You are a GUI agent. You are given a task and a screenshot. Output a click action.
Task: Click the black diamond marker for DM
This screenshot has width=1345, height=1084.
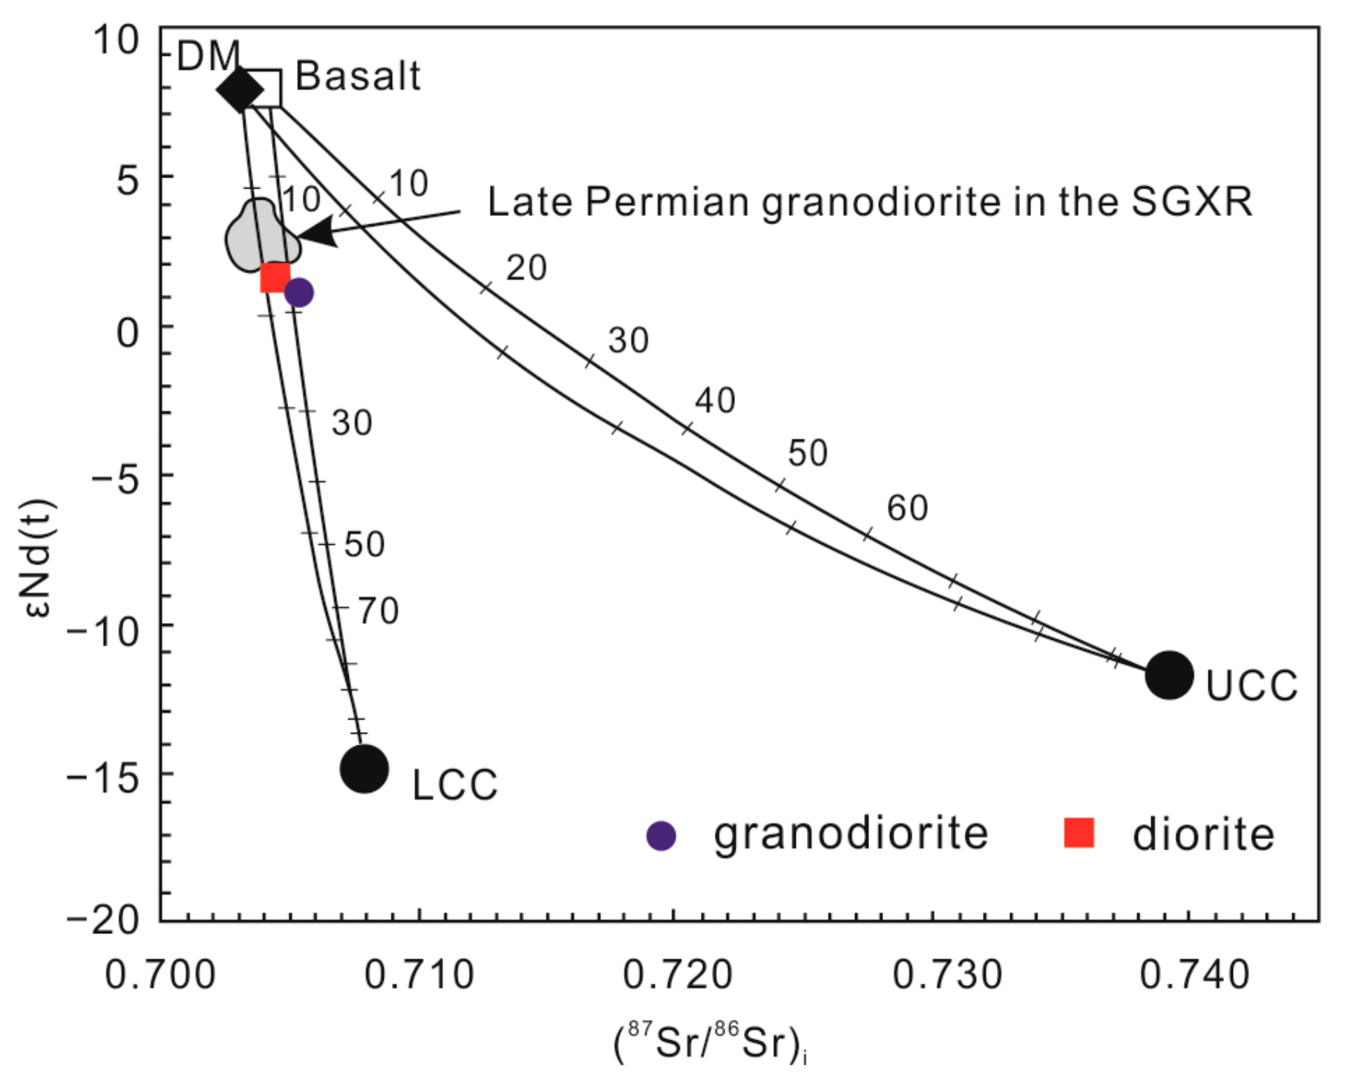click(239, 90)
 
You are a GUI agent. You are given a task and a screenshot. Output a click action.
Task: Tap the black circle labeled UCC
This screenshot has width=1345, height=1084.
click(1169, 675)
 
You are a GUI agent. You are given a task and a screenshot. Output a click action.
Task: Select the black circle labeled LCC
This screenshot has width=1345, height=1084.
click(364, 768)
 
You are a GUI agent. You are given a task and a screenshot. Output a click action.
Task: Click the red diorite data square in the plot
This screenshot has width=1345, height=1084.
click(275, 278)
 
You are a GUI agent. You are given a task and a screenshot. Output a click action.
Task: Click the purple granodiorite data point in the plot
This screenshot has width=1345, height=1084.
click(299, 293)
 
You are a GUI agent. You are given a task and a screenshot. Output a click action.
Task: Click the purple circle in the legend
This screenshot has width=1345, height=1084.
click(661, 835)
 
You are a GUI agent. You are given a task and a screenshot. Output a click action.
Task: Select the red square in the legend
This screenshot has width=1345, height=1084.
click(1079, 832)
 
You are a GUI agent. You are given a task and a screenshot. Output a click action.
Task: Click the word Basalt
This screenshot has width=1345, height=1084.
click(358, 76)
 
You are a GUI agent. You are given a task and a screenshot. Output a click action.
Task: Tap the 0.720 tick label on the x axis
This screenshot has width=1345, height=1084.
click(677, 974)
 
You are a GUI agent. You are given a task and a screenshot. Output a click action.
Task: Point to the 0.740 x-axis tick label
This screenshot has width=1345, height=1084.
click(1194, 974)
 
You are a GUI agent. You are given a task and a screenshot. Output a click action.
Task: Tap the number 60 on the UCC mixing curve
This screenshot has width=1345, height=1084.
click(907, 508)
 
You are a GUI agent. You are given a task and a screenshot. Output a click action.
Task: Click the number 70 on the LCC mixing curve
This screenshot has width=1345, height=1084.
click(379, 611)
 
